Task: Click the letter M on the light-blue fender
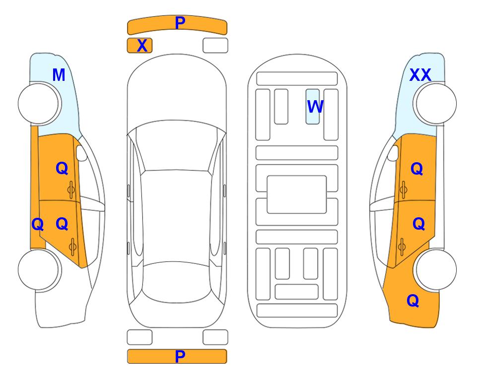[59, 75]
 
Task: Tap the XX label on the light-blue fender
[420, 75]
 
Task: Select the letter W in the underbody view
[315, 106]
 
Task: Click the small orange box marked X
[139, 46]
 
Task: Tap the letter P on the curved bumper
[180, 22]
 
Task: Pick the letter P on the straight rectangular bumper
[180, 356]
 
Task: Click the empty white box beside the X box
[215, 46]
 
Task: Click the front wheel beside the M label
[40, 104]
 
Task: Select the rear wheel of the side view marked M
[40, 269]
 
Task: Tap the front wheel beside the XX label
[435, 104]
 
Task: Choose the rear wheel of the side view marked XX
[435, 269]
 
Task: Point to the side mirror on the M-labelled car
[81, 153]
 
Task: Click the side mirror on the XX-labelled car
[393, 153]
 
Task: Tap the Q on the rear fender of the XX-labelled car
[413, 301]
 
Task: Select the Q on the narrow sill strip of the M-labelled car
[38, 224]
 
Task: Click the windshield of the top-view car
[177, 146]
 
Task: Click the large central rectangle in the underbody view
[297, 194]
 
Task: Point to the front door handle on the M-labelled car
[71, 190]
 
